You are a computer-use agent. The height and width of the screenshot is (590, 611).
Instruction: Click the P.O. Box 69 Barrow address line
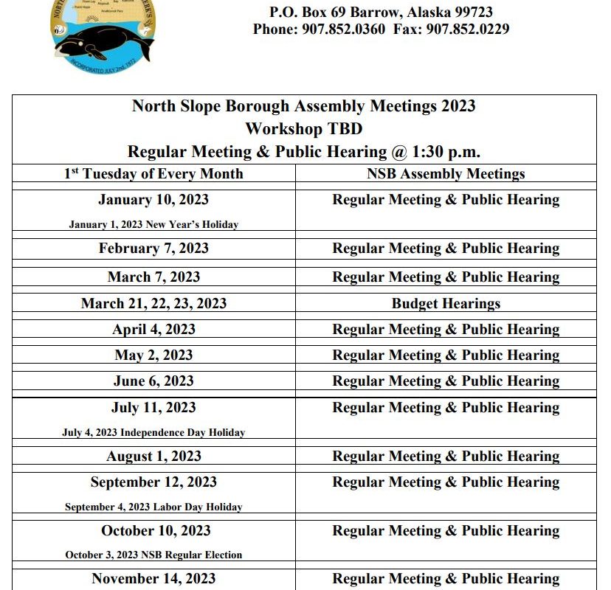click(x=381, y=12)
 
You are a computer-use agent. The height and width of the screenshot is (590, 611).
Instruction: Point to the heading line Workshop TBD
click(x=303, y=128)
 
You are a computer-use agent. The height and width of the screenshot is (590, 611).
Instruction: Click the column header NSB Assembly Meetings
click(x=446, y=174)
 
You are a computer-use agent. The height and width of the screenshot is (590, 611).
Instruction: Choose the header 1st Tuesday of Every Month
click(x=153, y=174)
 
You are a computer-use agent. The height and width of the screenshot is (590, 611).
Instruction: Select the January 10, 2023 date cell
click(x=153, y=200)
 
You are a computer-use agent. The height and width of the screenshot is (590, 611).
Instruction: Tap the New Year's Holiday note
click(x=153, y=224)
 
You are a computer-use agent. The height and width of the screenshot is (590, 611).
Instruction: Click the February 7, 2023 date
click(x=153, y=249)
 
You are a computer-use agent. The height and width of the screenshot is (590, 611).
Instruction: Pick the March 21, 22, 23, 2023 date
click(x=153, y=304)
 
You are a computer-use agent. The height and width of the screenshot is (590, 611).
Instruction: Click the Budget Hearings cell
click(x=446, y=304)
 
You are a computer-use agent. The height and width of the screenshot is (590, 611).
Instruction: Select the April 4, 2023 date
click(x=153, y=330)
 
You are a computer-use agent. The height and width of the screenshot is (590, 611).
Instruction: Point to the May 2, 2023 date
click(x=153, y=355)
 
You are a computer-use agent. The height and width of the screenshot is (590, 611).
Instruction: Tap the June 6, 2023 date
click(x=153, y=381)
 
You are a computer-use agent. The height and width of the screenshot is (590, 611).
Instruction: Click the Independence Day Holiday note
click(x=153, y=433)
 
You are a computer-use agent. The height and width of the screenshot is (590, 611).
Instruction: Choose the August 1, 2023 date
click(x=153, y=457)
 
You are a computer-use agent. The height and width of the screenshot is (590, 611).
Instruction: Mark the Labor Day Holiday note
click(x=153, y=507)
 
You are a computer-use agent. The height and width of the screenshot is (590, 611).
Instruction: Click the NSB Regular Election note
click(x=153, y=555)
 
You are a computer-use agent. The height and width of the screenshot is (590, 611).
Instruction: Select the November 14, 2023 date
click(x=153, y=579)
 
